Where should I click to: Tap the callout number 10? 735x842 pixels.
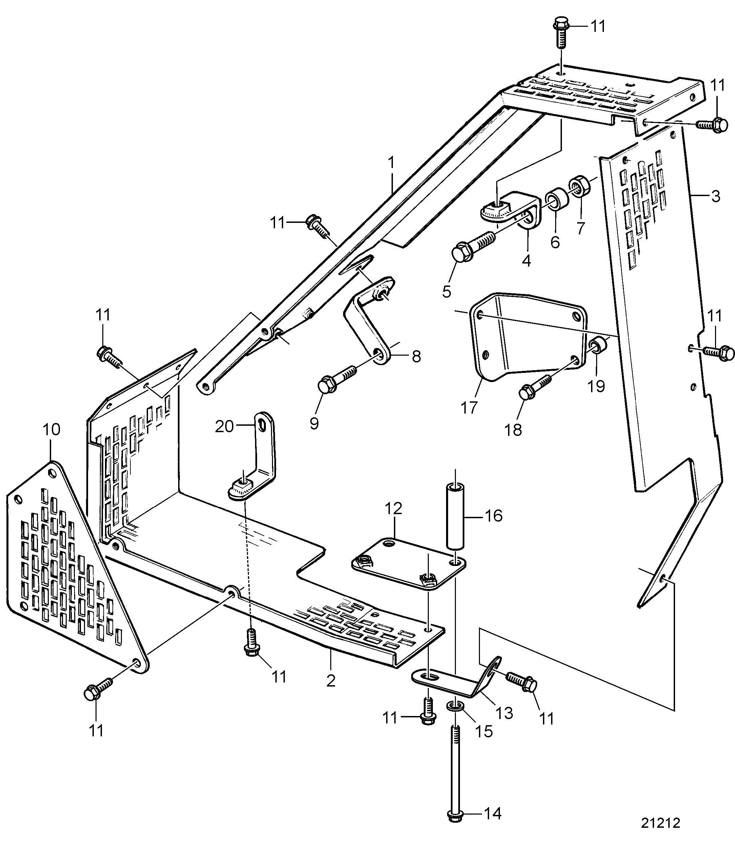click(x=51, y=429)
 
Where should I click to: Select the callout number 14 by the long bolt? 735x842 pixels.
click(x=493, y=813)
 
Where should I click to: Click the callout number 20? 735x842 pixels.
click(x=224, y=426)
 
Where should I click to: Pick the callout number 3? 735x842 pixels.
click(x=715, y=196)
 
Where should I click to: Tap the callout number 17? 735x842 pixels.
click(x=469, y=408)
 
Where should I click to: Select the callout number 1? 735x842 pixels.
click(x=391, y=163)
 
